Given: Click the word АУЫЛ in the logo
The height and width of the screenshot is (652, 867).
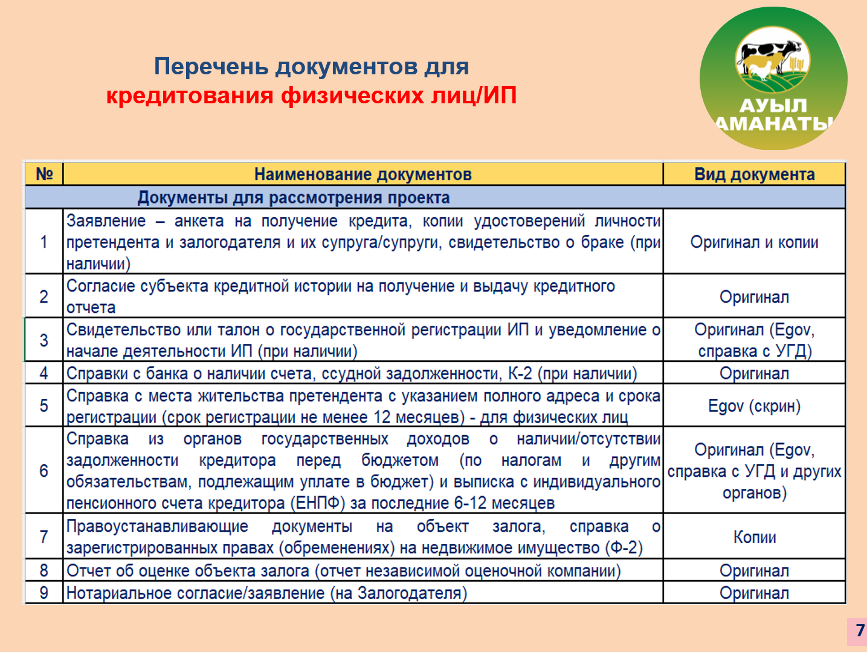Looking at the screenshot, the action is pyautogui.click(x=773, y=105).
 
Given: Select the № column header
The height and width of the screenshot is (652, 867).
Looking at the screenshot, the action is pyautogui.click(x=44, y=174).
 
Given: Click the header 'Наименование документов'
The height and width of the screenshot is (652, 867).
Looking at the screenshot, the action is pyautogui.click(x=363, y=174).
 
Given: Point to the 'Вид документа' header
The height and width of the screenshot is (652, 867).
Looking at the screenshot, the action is pyautogui.click(x=755, y=174).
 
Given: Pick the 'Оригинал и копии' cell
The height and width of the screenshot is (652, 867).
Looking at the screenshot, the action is pyautogui.click(x=755, y=242).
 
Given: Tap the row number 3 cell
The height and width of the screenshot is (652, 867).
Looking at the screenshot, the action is pyautogui.click(x=44, y=340).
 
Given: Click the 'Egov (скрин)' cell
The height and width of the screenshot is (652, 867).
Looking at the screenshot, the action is pyautogui.click(x=755, y=405).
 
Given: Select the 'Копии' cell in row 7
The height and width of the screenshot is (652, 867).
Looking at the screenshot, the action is pyautogui.click(x=755, y=537).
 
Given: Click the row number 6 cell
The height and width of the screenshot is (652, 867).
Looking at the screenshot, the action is pyautogui.click(x=44, y=471).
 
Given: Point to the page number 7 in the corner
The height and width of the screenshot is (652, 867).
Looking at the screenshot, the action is pyautogui.click(x=860, y=630).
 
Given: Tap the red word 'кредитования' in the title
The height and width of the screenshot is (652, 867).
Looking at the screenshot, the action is pyautogui.click(x=190, y=95).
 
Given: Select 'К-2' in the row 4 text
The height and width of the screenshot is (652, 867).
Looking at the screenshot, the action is pyautogui.click(x=520, y=373).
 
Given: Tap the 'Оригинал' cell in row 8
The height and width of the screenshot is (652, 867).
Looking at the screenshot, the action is pyautogui.click(x=755, y=570).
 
